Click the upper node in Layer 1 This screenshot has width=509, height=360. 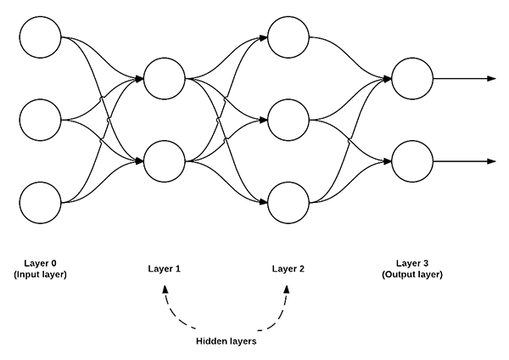point(165,79)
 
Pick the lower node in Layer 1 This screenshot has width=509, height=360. point(165,161)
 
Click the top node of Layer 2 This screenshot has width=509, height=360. point(288,37)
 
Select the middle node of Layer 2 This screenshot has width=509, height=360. point(288,121)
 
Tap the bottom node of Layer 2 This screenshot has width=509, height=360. point(288,203)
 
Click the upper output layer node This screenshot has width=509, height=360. point(412,79)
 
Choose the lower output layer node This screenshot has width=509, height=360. point(412,161)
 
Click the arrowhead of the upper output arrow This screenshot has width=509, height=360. point(491,79)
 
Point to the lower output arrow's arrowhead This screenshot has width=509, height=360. point(491,161)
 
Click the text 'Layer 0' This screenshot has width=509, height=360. point(41,263)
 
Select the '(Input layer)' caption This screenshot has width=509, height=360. point(41,274)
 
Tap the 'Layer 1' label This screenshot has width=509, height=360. point(165,269)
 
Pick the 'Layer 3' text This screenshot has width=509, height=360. point(412,263)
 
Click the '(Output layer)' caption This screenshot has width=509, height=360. point(412,274)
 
